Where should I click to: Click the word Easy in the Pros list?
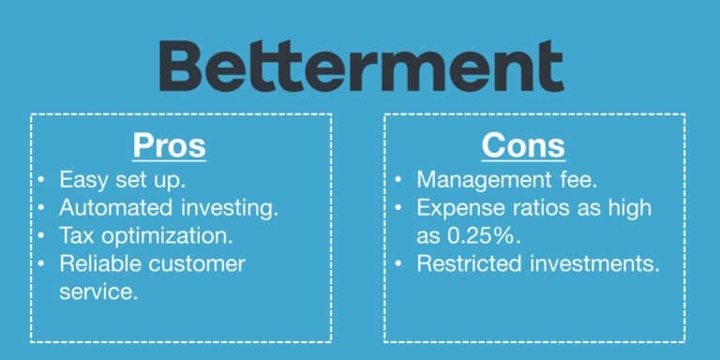pyautogui.click(x=82, y=179)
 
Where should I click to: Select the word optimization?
pyautogui.click(x=164, y=236)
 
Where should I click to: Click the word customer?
pyautogui.click(x=199, y=263)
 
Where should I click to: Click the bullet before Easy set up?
pyautogui.click(x=43, y=179)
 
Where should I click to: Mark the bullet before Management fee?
pyautogui.click(x=400, y=179)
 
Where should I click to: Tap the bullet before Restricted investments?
pyautogui.click(x=400, y=263)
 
